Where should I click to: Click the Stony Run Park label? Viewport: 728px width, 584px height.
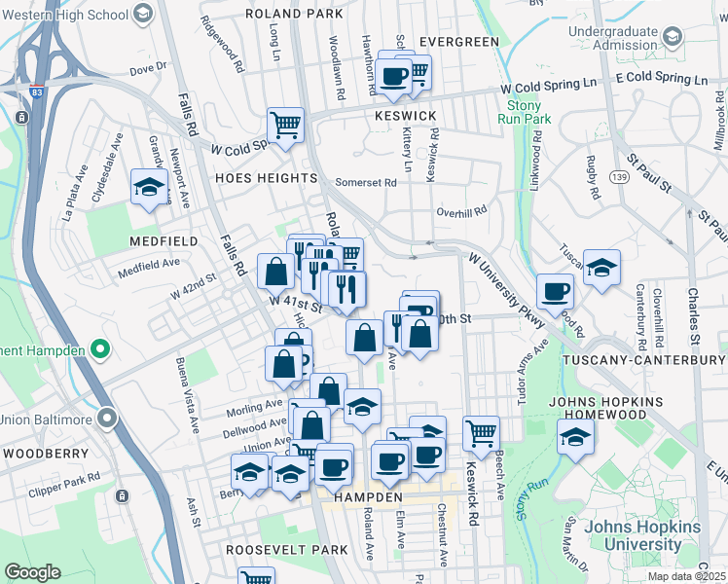525,111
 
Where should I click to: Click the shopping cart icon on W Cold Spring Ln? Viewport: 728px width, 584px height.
286,124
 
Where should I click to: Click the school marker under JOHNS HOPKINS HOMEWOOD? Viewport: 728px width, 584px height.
575,436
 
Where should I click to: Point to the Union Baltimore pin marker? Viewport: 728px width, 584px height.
106,419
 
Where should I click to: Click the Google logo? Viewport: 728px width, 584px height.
32,571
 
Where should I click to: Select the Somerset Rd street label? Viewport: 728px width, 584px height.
366,182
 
